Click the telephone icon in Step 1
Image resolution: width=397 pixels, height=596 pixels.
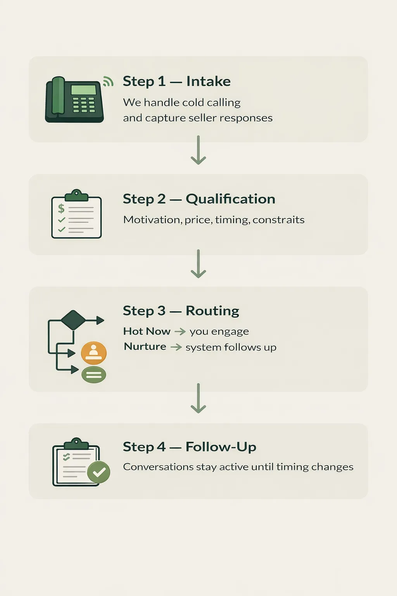click(x=74, y=100)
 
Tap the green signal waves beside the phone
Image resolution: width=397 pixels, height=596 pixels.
click(x=108, y=81)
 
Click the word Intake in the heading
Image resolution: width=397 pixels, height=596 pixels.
click(x=208, y=81)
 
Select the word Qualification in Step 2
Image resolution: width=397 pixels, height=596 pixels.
click(x=230, y=199)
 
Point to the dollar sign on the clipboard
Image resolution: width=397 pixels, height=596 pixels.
click(x=61, y=208)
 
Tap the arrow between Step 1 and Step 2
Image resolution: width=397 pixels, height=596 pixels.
click(x=198, y=151)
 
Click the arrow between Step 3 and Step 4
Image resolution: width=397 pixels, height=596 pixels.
click(x=198, y=398)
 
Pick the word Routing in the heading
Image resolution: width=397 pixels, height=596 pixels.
click(x=212, y=311)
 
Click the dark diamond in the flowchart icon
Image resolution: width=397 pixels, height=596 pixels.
click(x=73, y=320)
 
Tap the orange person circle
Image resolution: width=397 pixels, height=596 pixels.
click(x=93, y=353)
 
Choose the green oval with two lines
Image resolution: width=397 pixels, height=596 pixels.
click(x=94, y=374)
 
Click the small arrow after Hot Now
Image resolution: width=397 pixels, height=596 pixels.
click(x=180, y=331)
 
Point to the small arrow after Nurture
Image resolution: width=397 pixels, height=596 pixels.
click(x=176, y=347)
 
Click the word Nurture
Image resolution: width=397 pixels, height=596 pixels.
click(x=145, y=347)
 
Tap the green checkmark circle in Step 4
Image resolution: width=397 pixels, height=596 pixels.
click(x=99, y=472)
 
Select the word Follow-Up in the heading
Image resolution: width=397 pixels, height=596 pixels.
click(x=221, y=447)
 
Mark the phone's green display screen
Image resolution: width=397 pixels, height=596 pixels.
click(x=83, y=90)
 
